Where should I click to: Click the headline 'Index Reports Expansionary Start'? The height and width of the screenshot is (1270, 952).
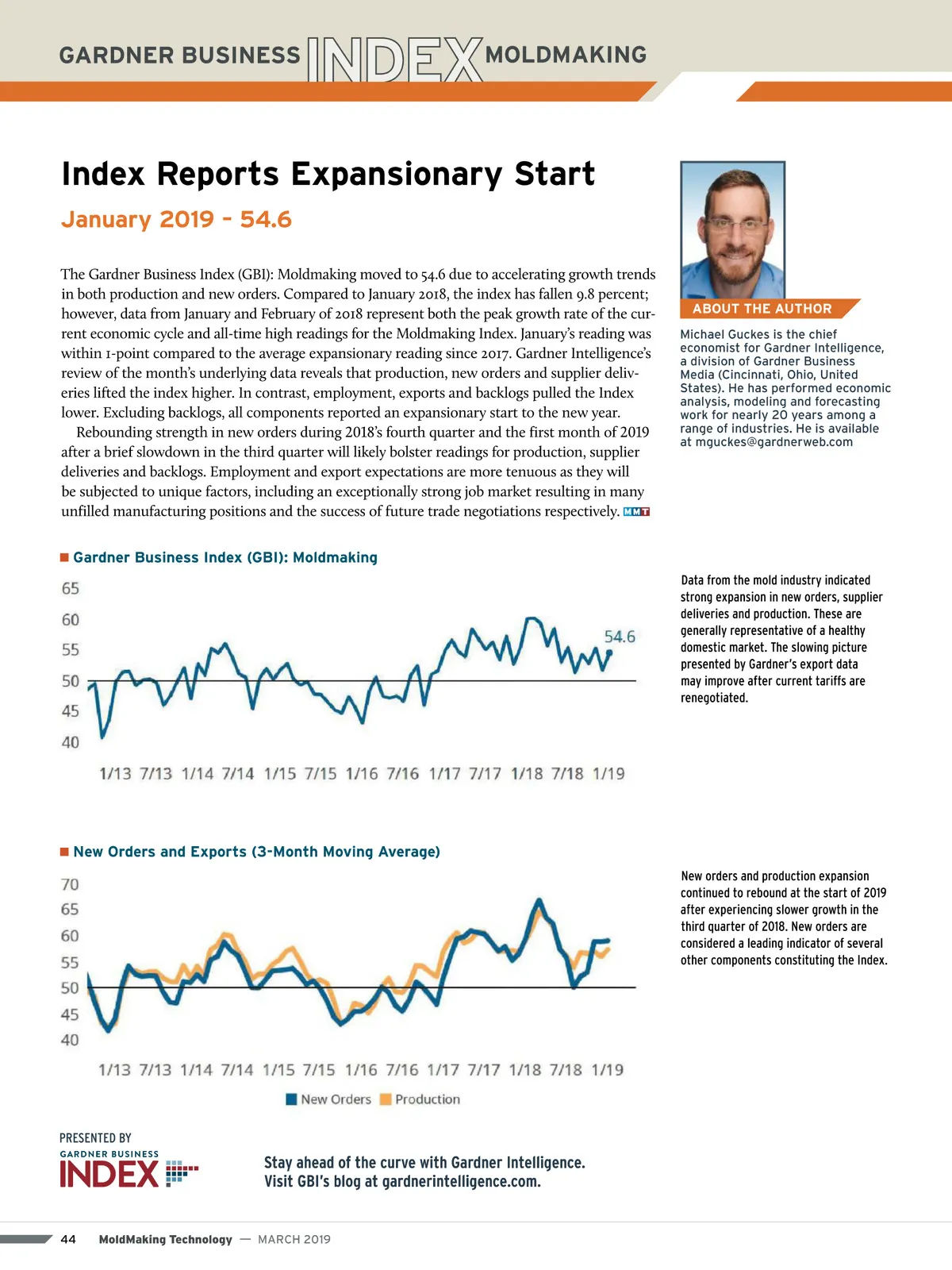pyautogui.click(x=328, y=174)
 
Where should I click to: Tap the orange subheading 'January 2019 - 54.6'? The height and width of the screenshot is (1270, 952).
pyautogui.click(x=176, y=219)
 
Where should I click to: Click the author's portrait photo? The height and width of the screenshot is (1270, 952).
pyautogui.click(x=732, y=230)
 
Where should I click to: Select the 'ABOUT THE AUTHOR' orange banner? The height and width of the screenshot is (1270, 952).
pyautogui.click(x=762, y=309)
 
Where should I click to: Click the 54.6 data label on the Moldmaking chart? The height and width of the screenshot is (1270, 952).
pyautogui.click(x=620, y=637)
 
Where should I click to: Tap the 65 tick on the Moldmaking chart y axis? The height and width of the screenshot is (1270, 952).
pyautogui.click(x=71, y=588)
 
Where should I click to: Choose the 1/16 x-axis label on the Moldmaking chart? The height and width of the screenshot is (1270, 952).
pyautogui.click(x=362, y=773)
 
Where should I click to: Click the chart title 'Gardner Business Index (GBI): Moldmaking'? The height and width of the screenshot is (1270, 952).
pyautogui.click(x=225, y=557)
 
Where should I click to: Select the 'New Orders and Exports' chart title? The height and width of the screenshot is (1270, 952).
pyautogui.click(x=255, y=852)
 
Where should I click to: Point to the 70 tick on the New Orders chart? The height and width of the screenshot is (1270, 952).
pyautogui.click(x=70, y=884)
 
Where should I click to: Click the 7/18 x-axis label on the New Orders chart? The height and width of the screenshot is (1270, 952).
pyautogui.click(x=566, y=1070)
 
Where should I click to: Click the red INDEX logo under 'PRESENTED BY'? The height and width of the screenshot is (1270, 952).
pyautogui.click(x=109, y=1174)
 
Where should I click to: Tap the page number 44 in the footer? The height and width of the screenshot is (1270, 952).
pyautogui.click(x=68, y=1239)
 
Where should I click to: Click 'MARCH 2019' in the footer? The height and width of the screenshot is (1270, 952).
pyautogui.click(x=294, y=1239)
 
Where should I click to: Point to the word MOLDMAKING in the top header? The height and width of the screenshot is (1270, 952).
pyautogui.click(x=566, y=55)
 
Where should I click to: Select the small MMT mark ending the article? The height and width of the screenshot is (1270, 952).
pyautogui.click(x=636, y=512)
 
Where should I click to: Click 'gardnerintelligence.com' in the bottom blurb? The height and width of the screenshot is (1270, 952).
pyautogui.click(x=461, y=1182)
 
